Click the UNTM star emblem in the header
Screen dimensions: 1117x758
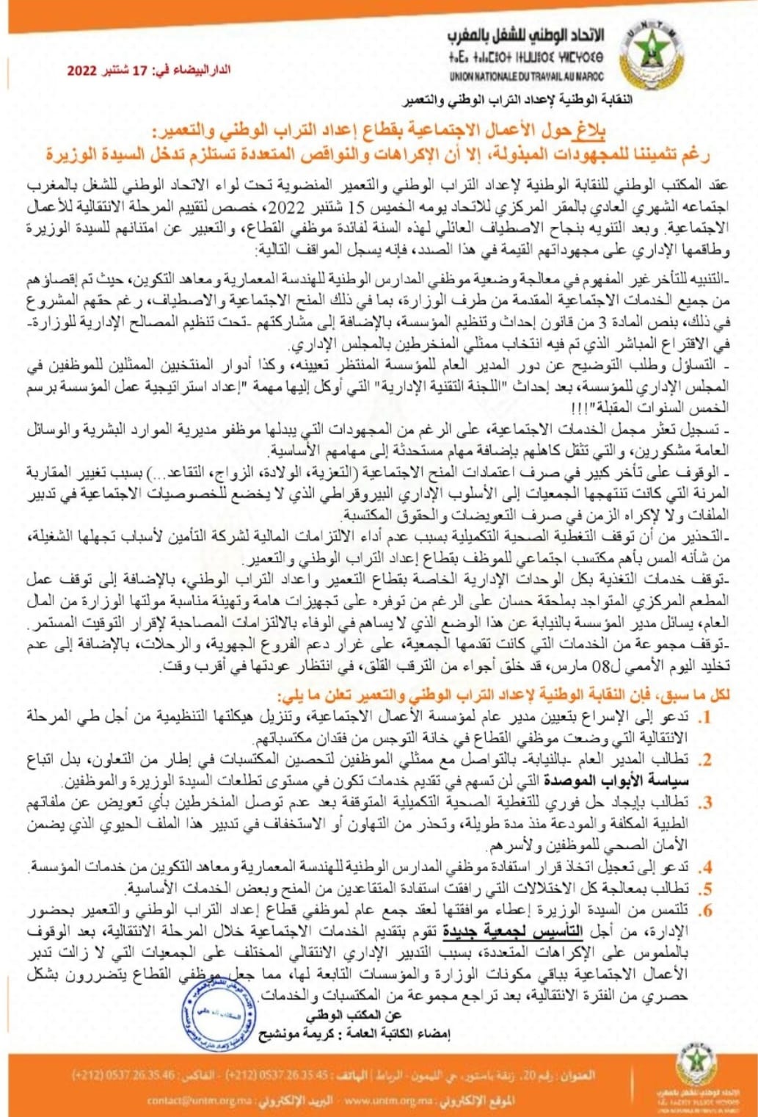tap(650, 52)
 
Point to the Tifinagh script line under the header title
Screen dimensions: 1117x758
tap(525, 56)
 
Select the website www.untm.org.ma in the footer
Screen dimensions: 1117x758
tap(378, 1100)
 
